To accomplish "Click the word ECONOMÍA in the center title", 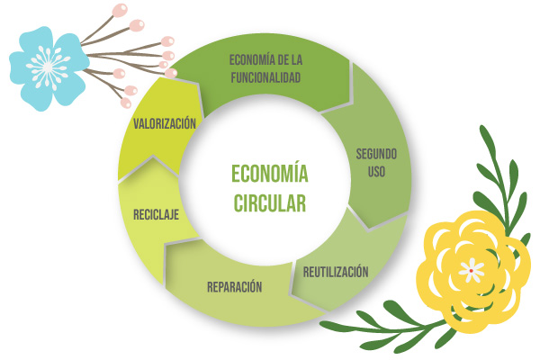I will point(270,173).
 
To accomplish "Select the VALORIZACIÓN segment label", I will point(164,124).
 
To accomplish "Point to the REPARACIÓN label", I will point(234,287).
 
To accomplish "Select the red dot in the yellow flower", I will point(471,269).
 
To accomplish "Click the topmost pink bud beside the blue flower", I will point(121,9).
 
